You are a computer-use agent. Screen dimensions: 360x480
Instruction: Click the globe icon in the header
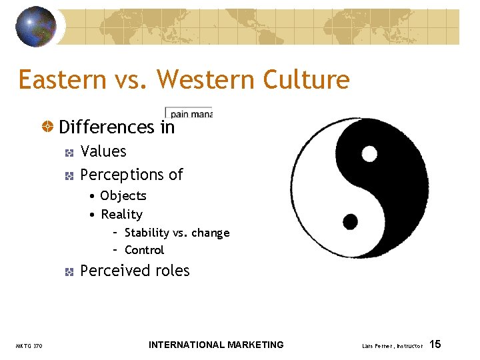click(36, 26)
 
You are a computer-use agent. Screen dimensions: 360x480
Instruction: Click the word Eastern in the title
click(62, 79)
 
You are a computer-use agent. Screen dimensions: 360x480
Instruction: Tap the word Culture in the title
click(306, 79)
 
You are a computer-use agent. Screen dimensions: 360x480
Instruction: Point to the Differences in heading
click(117, 127)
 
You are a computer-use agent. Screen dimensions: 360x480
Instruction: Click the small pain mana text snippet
click(189, 113)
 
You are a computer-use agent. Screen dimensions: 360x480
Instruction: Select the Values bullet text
click(103, 151)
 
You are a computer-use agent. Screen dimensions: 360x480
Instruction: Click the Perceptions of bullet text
click(131, 175)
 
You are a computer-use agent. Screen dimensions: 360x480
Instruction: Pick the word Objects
click(123, 196)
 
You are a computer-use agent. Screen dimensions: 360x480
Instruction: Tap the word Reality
click(121, 214)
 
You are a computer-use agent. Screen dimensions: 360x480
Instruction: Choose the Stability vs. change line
click(177, 233)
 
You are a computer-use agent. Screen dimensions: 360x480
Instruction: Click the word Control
click(144, 250)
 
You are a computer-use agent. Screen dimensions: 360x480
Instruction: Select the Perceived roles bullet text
click(135, 271)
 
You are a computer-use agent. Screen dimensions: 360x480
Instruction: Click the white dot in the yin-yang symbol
click(369, 155)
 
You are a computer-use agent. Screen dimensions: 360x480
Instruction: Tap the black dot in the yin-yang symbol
click(350, 221)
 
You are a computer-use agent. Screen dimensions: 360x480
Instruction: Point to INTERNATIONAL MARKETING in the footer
click(216, 345)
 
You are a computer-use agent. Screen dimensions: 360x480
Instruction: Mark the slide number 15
click(435, 345)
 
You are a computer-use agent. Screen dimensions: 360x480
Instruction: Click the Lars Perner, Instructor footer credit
click(392, 346)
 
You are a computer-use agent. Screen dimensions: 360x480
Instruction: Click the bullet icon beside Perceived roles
click(69, 271)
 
